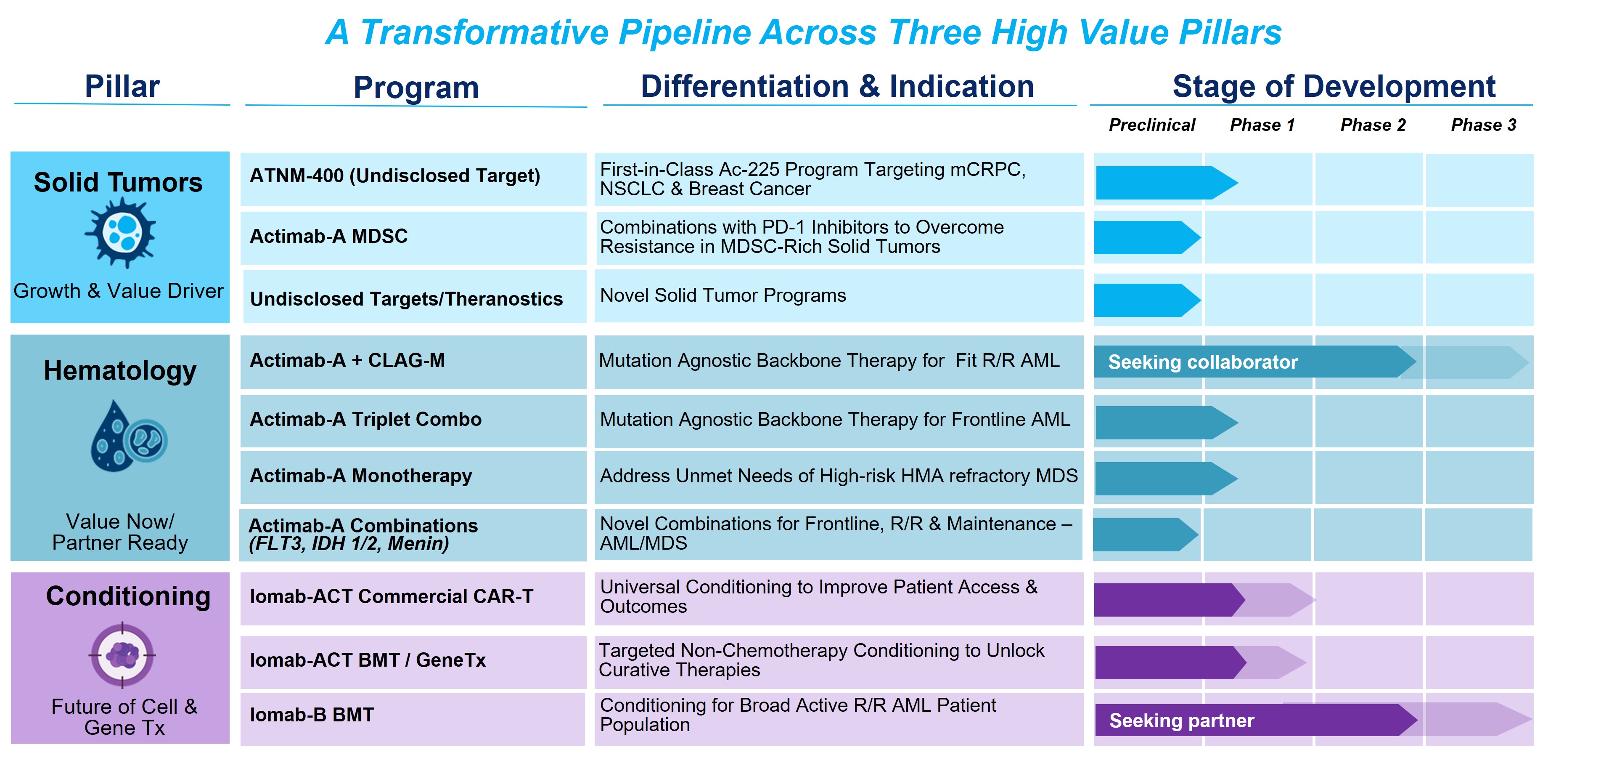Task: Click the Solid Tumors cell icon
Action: pos(120,233)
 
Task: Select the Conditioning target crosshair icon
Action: pos(122,655)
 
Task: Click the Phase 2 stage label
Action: pos(1373,125)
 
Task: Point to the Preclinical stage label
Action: pos(1151,125)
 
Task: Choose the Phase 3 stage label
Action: pos(1484,125)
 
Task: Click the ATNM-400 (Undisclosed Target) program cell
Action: pos(413,179)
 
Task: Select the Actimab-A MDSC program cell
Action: pos(413,237)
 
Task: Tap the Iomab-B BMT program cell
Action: pos(413,719)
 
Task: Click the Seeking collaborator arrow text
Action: pos(1203,362)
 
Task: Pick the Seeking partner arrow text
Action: pos(1181,720)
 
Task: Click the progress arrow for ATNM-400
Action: pos(1167,183)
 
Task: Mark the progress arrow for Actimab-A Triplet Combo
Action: pos(1167,423)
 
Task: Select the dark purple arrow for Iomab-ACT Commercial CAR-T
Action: pos(1170,600)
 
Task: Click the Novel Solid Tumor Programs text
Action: pos(723,295)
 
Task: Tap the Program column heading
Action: pos(416,87)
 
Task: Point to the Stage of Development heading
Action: pos(1334,86)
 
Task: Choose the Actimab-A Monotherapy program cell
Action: pos(413,477)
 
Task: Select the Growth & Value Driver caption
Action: pos(118,290)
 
